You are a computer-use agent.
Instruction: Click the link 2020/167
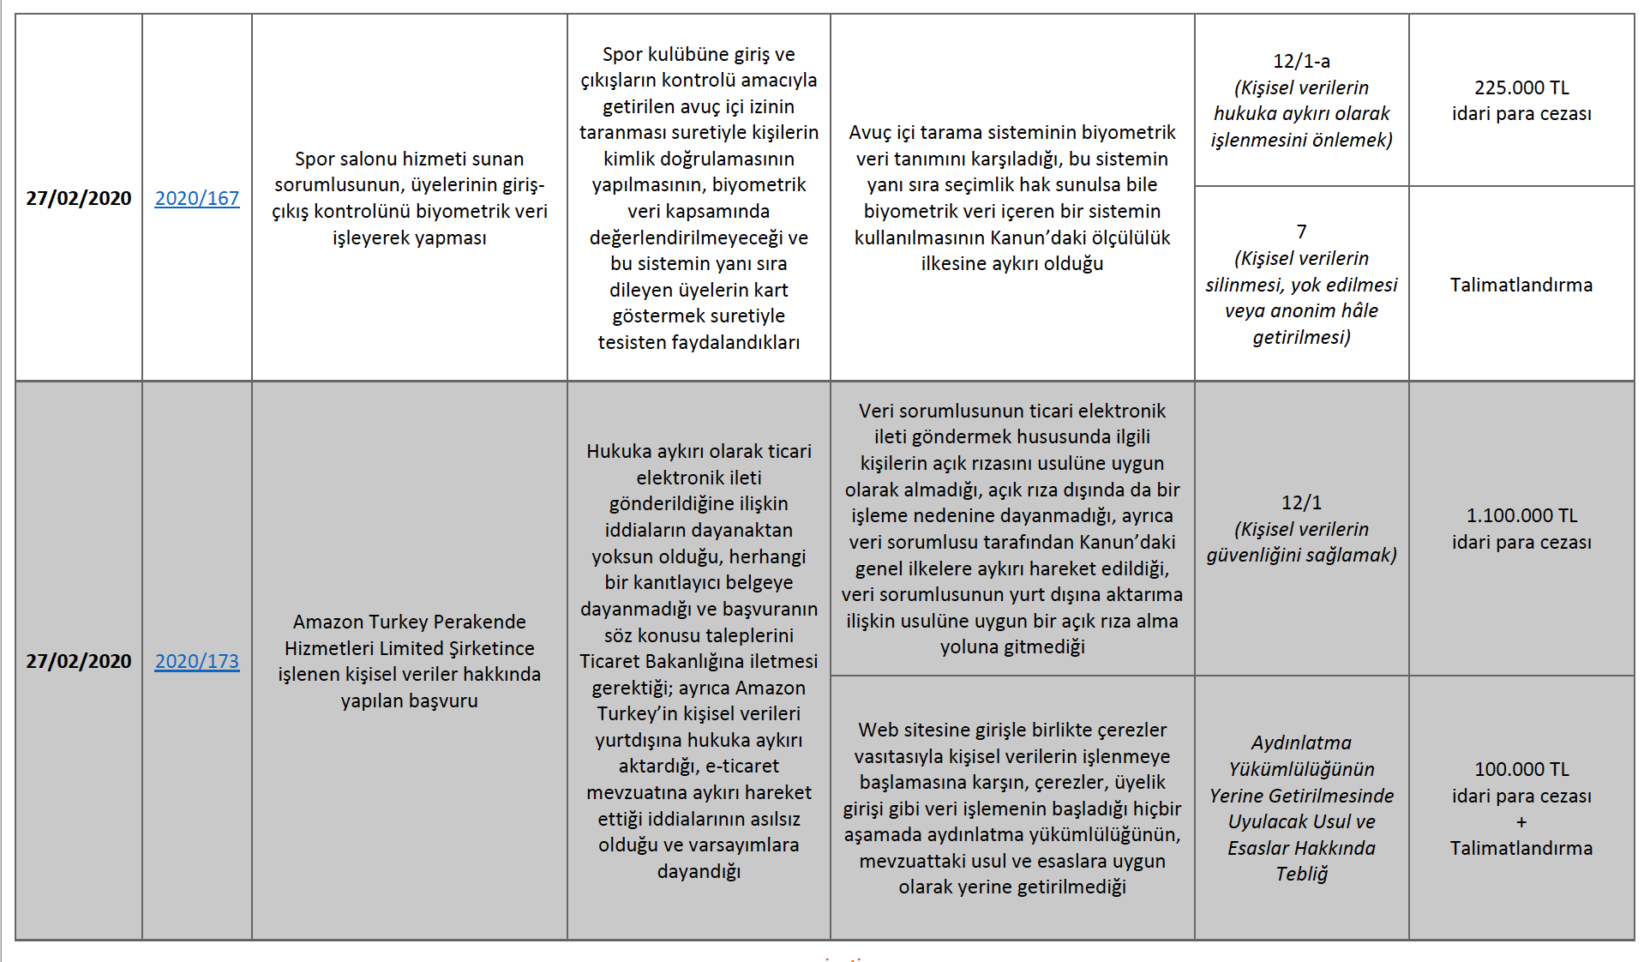[x=196, y=198]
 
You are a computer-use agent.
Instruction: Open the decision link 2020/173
[x=196, y=661]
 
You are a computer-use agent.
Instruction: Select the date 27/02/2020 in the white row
[x=79, y=198]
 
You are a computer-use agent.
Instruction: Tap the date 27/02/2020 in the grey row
[x=79, y=661]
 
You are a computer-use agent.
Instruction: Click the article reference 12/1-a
[x=1301, y=61]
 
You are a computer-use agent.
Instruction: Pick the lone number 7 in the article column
[x=1301, y=231]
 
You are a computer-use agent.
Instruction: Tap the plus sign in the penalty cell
[x=1521, y=822]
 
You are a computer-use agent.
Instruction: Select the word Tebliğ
[x=1301, y=874]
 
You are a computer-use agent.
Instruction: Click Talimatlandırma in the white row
[x=1521, y=285]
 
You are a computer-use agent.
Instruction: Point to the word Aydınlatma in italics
[x=1301, y=743]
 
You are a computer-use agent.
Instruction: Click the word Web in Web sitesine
[x=878, y=730]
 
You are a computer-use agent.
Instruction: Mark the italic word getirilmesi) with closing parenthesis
[x=1301, y=337]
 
